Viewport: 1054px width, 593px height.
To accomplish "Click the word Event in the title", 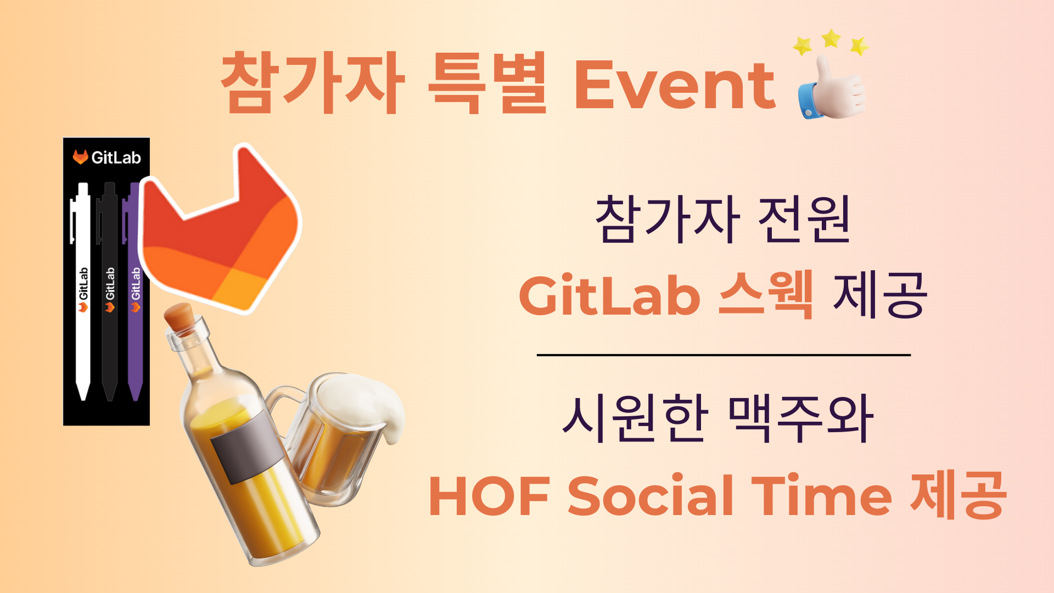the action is tap(675, 85).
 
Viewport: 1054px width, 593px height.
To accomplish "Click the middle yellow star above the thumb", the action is tap(831, 38).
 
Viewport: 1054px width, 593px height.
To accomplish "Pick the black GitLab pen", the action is tap(109, 291).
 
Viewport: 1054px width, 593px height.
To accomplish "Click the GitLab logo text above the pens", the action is tap(107, 157).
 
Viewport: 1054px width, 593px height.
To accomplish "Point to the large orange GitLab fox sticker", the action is tap(220, 231).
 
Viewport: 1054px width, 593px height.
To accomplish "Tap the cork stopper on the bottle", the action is tap(180, 317).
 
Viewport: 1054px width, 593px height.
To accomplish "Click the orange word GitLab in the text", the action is tap(609, 295).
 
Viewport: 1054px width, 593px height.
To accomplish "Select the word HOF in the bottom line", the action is tap(489, 496).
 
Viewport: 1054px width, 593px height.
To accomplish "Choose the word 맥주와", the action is tap(800, 418).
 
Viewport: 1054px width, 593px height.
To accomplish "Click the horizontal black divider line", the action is tap(724, 355).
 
